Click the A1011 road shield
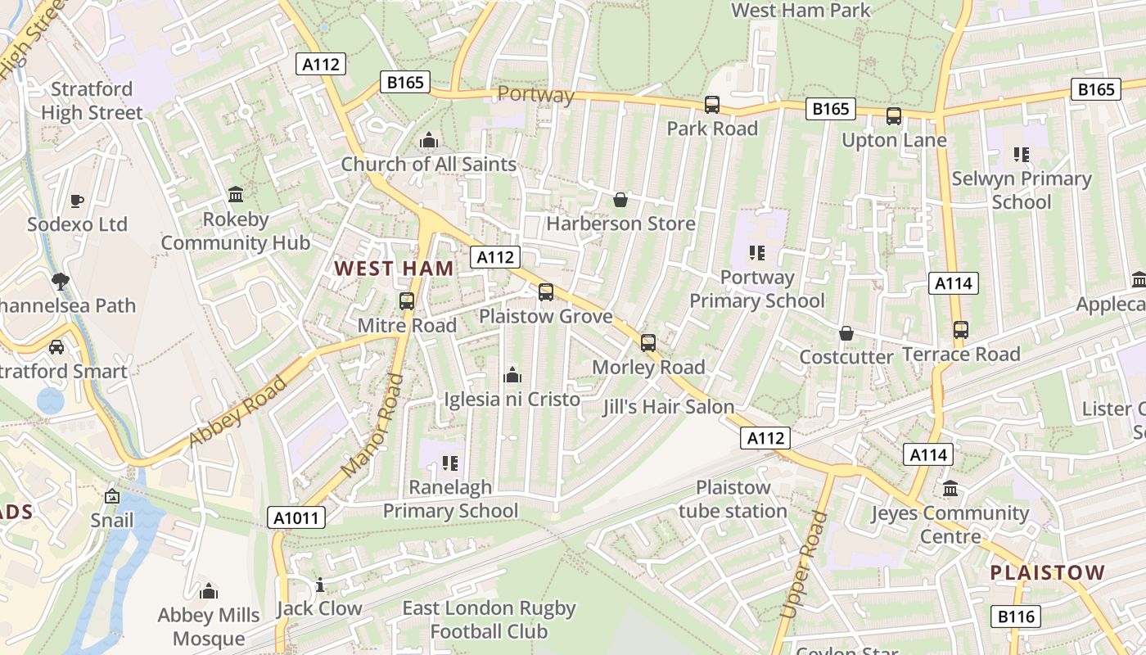click(x=296, y=517)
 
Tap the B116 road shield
click(x=1016, y=617)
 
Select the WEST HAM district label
click(x=394, y=269)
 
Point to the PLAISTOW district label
click(x=1048, y=572)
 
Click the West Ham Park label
click(x=801, y=11)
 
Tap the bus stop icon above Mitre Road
click(x=407, y=301)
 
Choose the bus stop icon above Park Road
click(x=712, y=105)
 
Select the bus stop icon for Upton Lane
click(x=894, y=116)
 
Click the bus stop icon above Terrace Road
click(x=961, y=330)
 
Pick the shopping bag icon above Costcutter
click(x=846, y=333)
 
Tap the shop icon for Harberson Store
click(x=620, y=200)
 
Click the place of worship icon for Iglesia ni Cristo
click(x=512, y=375)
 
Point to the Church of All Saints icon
click(x=428, y=141)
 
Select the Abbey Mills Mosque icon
click(x=209, y=591)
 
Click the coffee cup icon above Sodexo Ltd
click(x=77, y=201)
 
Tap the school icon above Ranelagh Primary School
click(x=450, y=463)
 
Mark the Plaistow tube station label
click(x=733, y=499)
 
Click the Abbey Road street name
click(x=239, y=411)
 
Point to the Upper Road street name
click(x=801, y=565)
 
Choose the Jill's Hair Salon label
click(x=669, y=407)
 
